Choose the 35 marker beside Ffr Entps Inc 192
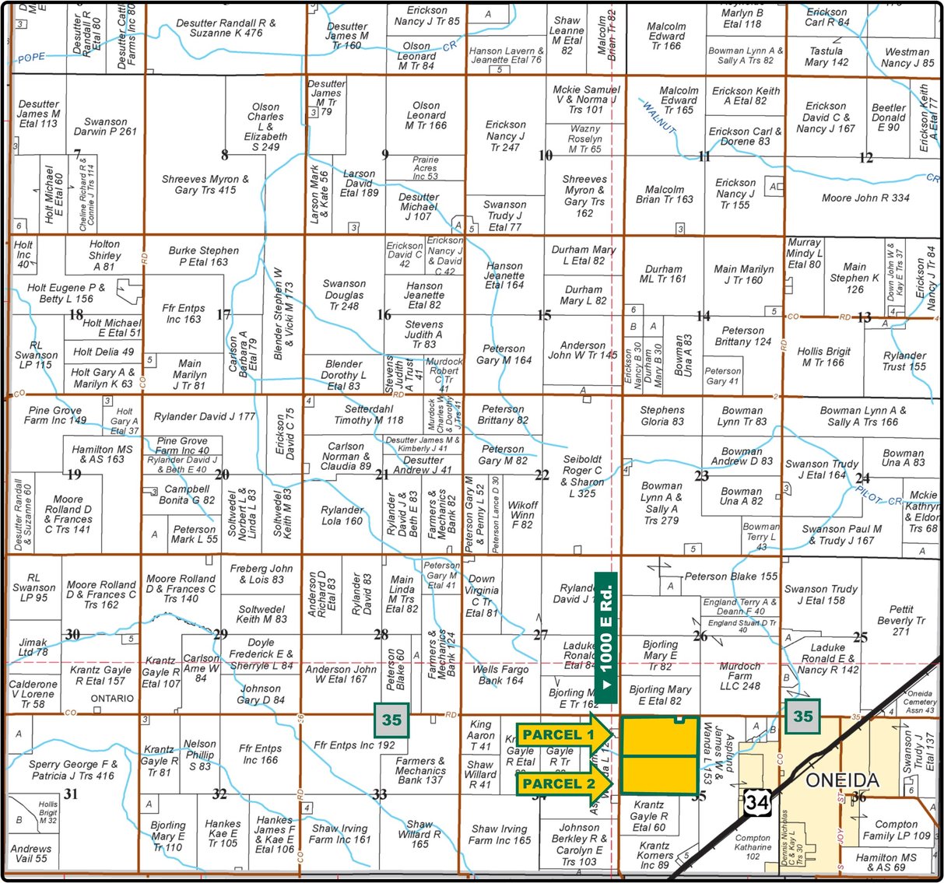(x=391, y=720)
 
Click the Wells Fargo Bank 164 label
(x=501, y=675)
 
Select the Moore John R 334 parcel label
(x=865, y=198)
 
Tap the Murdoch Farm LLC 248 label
(x=739, y=676)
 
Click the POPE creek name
(x=32, y=58)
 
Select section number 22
(x=542, y=475)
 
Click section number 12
(x=865, y=158)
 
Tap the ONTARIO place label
(x=112, y=698)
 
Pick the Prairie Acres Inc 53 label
(x=425, y=167)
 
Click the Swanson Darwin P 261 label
(x=105, y=127)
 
